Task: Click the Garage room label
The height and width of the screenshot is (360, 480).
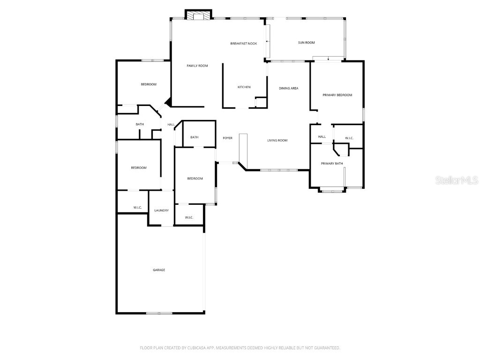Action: click(159, 270)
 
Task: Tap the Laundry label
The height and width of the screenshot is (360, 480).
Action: click(161, 210)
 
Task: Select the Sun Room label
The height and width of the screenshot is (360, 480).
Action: click(307, 43)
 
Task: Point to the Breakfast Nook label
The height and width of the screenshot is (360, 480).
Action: click(244, 44)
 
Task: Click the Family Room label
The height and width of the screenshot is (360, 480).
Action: click(197, 66)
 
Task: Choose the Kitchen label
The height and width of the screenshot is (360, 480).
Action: click(244, 87)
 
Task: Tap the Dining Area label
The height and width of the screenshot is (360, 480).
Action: click(289, 88)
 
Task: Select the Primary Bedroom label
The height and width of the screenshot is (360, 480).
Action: click(337, 95)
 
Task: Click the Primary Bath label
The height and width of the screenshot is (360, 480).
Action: click(332, 164)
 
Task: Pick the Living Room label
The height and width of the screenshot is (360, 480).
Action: click(277, 140)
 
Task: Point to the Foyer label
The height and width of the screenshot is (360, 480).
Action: click(227, 138)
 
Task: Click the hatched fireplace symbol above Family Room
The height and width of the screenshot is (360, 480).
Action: click(198, 16)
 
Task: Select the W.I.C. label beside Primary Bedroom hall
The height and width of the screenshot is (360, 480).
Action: click(349, 138)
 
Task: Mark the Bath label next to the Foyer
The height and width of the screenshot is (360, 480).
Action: click(195, 137)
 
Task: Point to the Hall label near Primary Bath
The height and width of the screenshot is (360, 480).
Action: click(322, 137)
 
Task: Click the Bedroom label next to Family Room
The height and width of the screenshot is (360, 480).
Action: click(149, 84)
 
